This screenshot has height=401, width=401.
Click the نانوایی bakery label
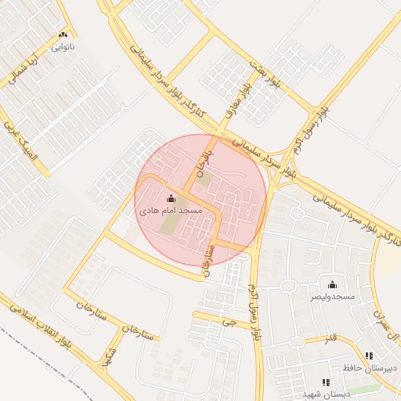coord(63,46)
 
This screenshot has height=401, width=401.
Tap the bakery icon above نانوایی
coord(63,34)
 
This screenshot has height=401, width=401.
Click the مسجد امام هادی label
coord(171,211)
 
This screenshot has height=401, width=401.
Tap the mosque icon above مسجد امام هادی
coord(172,199)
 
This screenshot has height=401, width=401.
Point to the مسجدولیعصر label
coord(331,297)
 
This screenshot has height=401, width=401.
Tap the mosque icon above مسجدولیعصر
coord(332,284)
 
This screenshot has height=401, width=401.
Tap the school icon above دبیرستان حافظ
coord(369,356)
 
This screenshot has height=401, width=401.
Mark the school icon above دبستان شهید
coord(326,382)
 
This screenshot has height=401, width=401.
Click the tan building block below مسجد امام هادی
coord(170,228)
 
